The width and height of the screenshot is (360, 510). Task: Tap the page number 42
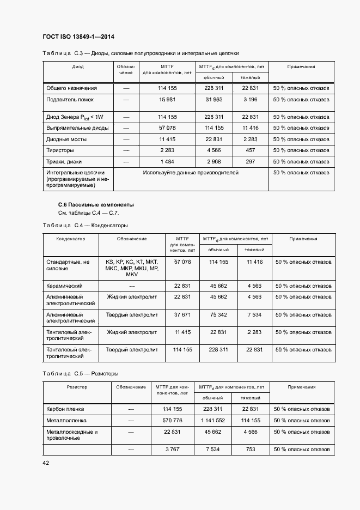pos(46,463)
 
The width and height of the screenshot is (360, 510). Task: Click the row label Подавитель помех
pos(70,100)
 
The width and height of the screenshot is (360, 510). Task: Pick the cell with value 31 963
pos(214,100)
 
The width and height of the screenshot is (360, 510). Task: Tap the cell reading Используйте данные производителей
pos(191,173)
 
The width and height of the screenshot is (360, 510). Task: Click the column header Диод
pos(78,66)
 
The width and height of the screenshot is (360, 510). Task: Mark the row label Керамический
pos(64,286)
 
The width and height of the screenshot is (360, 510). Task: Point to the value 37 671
pos(182,315)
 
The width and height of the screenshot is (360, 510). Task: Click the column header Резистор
pos(77,387)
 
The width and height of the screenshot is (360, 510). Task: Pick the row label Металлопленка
pos(66,421)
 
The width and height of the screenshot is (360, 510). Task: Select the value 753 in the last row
pos(251,450)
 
